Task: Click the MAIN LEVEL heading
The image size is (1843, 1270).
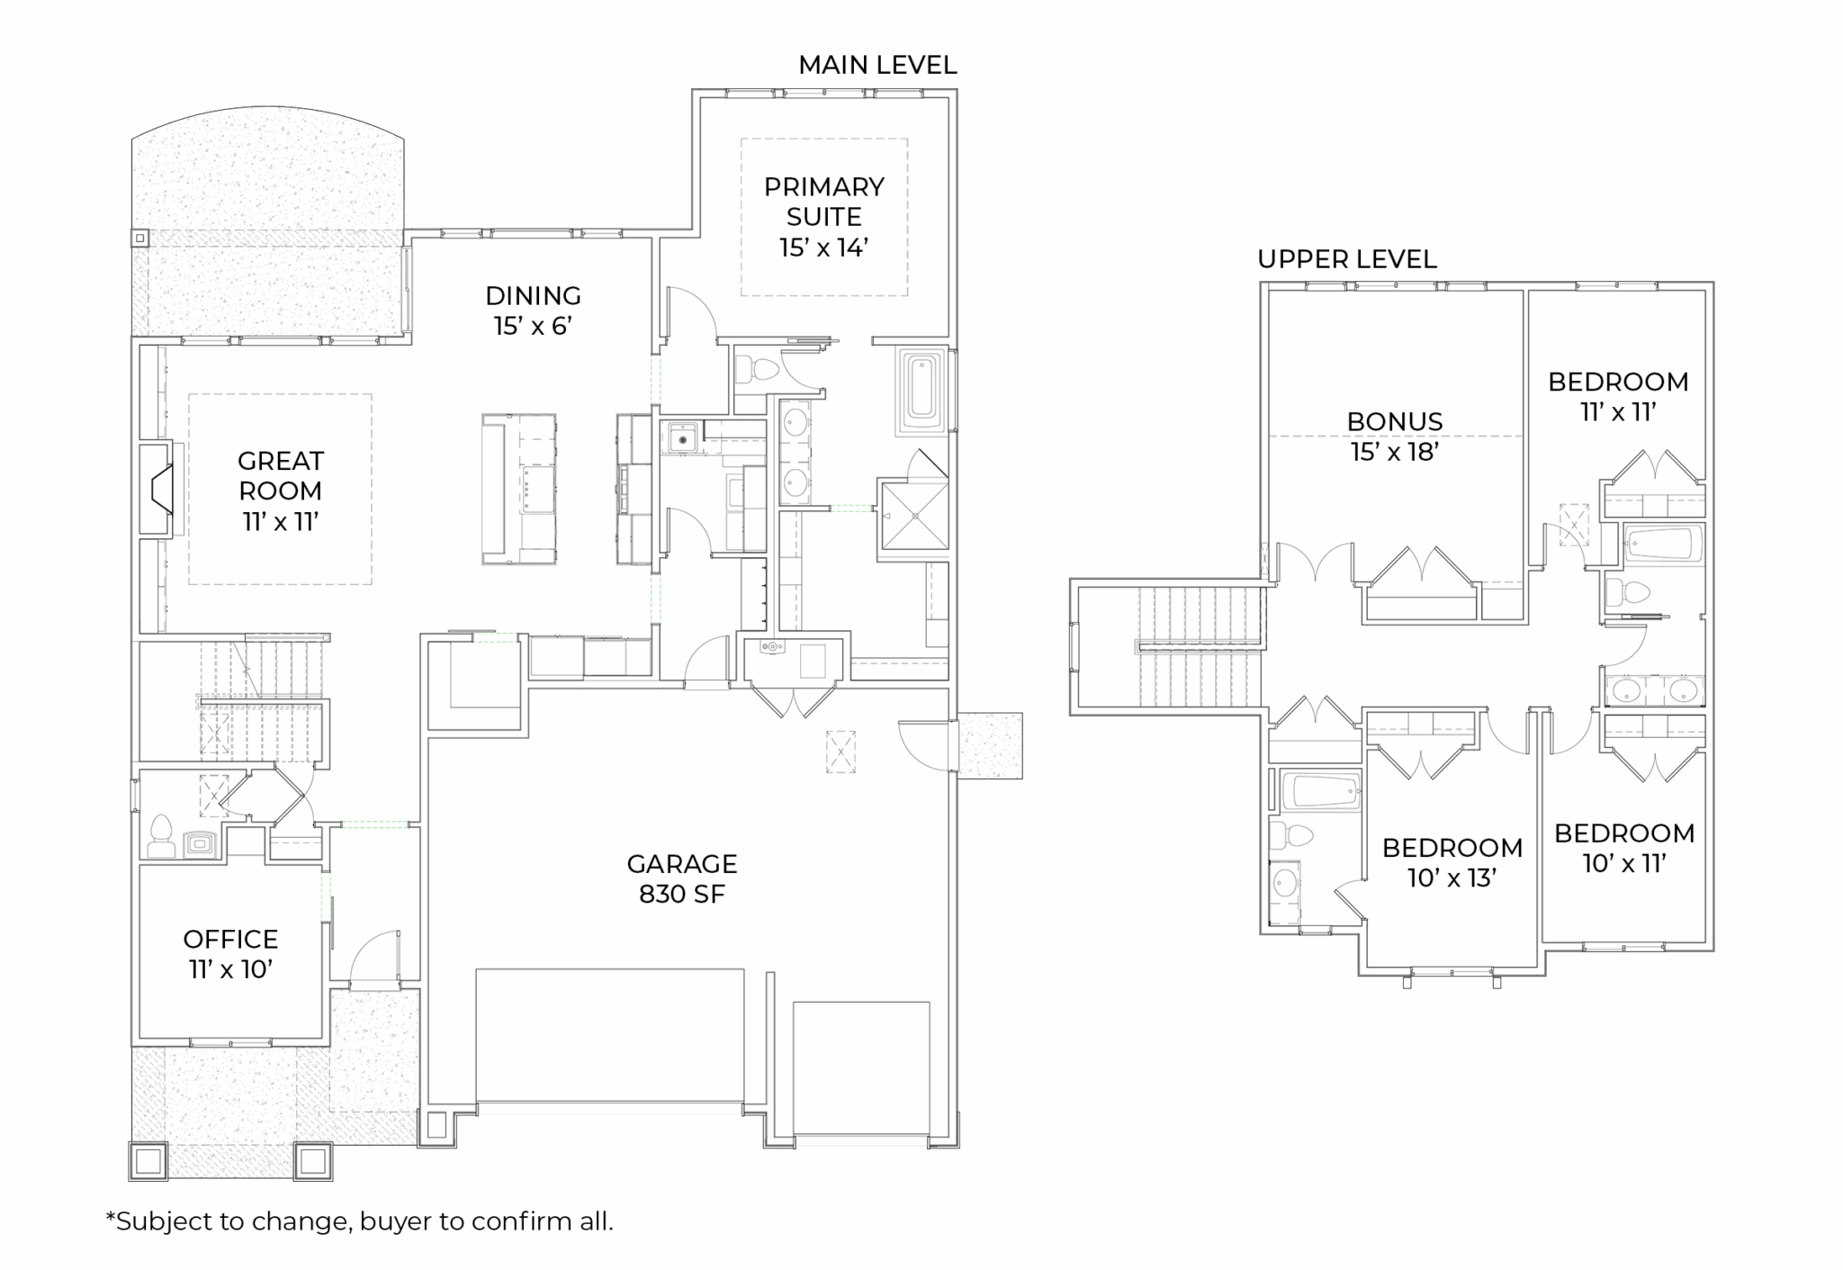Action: (877, 65)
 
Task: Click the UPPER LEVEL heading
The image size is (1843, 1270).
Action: (1347, 259)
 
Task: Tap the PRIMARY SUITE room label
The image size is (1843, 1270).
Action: (824, 202)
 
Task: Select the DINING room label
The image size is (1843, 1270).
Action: (534, 295)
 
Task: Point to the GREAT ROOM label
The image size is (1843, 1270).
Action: (281, 475)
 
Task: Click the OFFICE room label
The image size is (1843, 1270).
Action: (230, 939)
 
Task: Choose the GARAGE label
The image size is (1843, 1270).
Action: (682, 864)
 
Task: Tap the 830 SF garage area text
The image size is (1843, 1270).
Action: (682, 894)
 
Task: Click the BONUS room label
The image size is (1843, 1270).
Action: (1395, 421)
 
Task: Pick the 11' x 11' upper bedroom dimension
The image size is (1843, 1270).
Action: (1619, 412)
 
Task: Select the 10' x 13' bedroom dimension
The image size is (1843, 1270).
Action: (1452, 878)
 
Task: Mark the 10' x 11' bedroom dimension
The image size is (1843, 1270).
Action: (1625, 863)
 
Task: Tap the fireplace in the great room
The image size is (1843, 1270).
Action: (157, 491)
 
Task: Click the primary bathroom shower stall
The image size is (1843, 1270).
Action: (914, 516)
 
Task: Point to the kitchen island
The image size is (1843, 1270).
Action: (519, 490)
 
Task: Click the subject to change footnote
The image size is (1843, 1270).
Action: (359, 1221)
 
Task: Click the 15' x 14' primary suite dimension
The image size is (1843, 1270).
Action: (824, 248)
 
